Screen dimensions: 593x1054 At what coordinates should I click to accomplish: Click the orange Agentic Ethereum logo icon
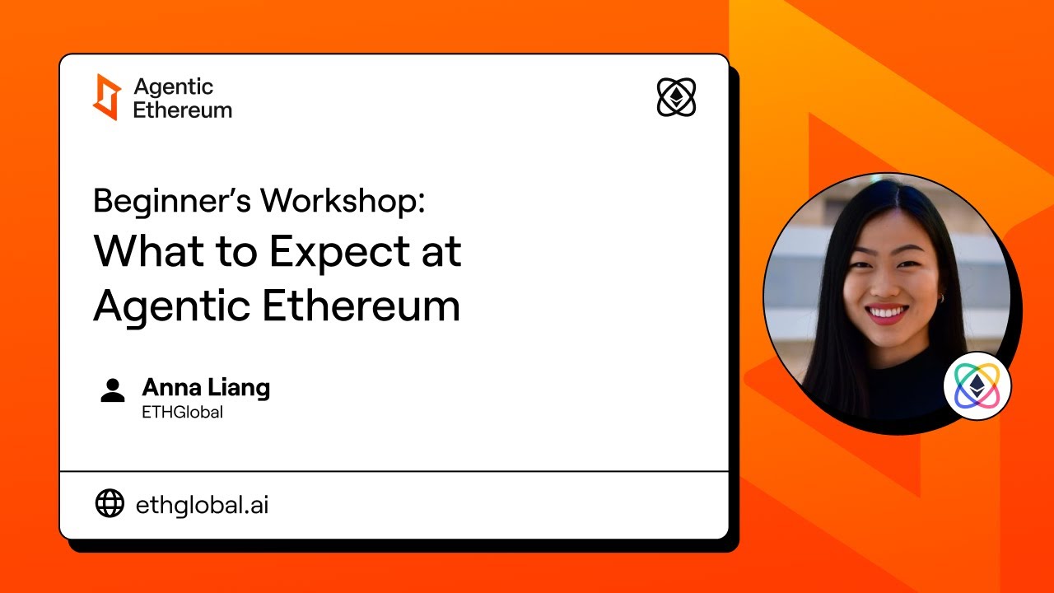pyautogui.click(x=107, y=97)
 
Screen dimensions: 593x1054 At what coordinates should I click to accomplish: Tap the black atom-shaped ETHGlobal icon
pyautogui.click(x=676, y=97)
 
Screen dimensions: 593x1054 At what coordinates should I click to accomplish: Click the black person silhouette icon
pyautogui.click(x=113, y=390)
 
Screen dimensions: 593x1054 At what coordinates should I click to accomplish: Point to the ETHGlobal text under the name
pyautogui.click(x=182, y=413)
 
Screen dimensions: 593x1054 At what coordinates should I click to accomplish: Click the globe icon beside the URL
pyautogui.click(x=110, y=503)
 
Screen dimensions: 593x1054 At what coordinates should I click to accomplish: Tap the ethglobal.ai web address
pyautogui.click(x=202, y=504)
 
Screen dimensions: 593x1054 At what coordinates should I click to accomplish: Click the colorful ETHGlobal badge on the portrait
pyautogui.click(x=977, y=385)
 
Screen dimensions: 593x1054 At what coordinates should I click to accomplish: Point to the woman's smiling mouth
pyautogui.click(x=888, y=314)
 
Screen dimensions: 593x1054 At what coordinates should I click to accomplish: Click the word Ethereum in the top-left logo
pyautogui.click(x=182, y=110)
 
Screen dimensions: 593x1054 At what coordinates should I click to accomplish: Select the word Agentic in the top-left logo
pyautogui.click(x=173, y=87)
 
